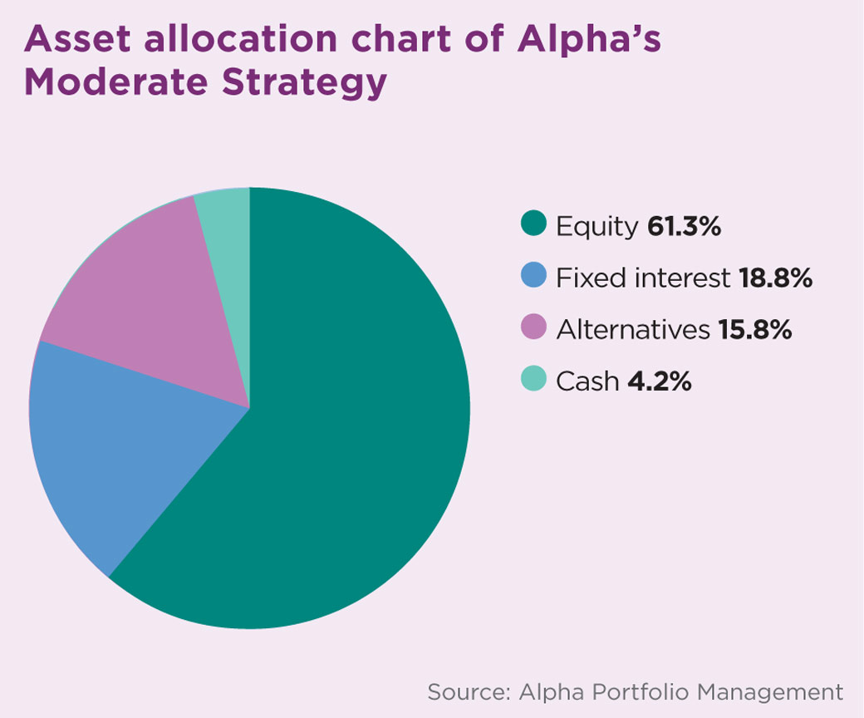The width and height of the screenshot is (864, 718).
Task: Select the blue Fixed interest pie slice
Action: click(x=116, y=449)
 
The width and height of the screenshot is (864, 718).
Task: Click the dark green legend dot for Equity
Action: click(x=533, y=225)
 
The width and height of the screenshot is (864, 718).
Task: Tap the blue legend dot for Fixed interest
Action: click(x=533, y=277)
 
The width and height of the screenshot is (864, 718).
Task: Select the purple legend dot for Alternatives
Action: click(x=533, y=328)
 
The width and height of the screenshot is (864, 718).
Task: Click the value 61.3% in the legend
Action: click(x=684, y=226)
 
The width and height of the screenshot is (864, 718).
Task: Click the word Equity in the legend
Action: click(x=596, y=227)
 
